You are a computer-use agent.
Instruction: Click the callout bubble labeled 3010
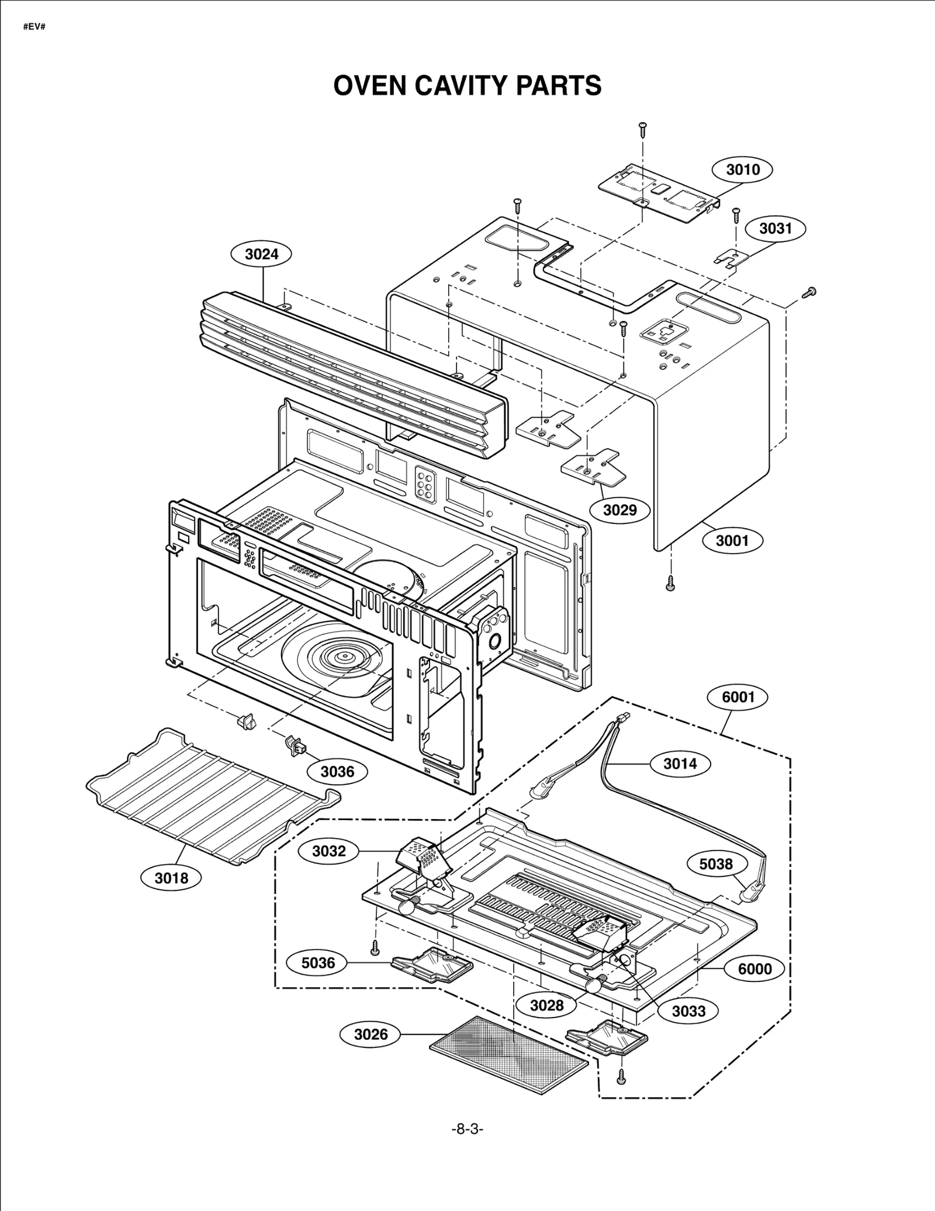pos(742,170)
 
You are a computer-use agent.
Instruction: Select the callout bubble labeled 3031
pos(775,228)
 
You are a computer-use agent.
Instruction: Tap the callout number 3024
pos(261,254)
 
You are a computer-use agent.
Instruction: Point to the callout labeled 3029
pos(619,510)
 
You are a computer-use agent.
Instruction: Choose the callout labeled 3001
pos(732,540)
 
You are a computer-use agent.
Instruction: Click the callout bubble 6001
pos(738,697)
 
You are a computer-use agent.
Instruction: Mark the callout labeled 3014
pos(680,764)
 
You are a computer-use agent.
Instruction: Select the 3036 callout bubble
pos(337,772)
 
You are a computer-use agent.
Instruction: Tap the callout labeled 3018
pos(171,877)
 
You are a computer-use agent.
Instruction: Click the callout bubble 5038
pos(716,864)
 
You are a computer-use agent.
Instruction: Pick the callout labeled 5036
pos(318,963)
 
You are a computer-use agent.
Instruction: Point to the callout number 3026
pos(370,1034)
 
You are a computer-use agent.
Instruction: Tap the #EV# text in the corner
pos(34,27)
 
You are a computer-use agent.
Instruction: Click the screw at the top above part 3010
pos(643,128)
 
